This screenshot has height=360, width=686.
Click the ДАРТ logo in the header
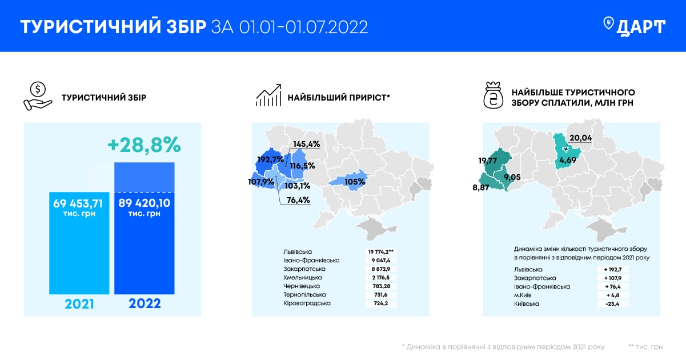pos(634,26)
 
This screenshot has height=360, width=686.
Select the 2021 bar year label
pos(79,303)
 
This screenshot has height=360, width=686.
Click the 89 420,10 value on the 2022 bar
pos(144,203)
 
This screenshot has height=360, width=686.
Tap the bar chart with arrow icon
pos(268,96)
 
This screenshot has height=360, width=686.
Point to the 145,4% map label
pos(307,144)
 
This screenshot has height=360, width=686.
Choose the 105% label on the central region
pos(355,182)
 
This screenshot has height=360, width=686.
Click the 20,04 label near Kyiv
pos(581,138)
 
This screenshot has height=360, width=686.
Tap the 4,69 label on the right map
pos(568,161)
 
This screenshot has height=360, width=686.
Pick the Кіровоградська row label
pos(307,303)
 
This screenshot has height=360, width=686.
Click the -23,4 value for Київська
pos(612,303)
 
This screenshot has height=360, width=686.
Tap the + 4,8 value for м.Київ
pos(612,295)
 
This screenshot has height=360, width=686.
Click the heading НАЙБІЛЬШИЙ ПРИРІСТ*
pos(339,98)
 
